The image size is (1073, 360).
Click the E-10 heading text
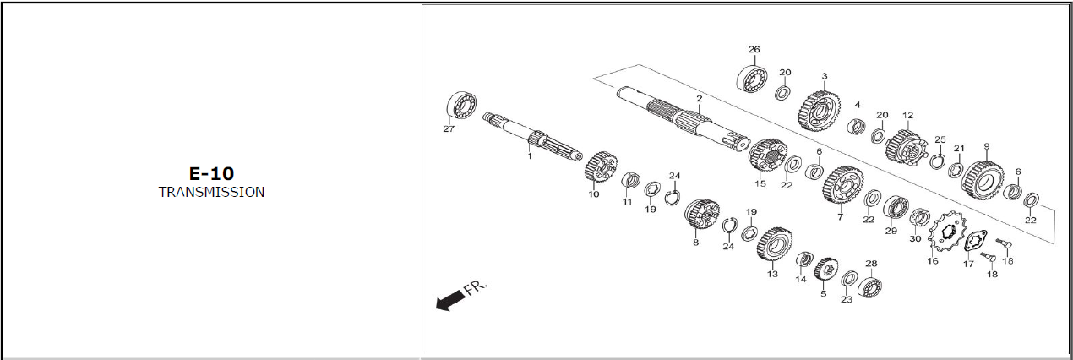coord(211,173)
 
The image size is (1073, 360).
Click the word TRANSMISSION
coord(211,192)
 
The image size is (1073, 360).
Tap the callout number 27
coord(449,128)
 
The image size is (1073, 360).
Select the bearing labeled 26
coord(752,78)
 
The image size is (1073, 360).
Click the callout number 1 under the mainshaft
coord(529,155)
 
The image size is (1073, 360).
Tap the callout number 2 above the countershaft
coord(700,99)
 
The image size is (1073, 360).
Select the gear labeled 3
coord(820,110)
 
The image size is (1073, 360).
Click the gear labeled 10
coord(601,166)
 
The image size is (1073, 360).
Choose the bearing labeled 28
coord(870,286)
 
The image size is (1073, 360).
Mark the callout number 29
coord(891,231)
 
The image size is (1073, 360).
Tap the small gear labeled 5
coord(825,270)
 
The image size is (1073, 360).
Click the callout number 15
coord(760,183)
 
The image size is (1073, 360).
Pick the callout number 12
coord(907,115)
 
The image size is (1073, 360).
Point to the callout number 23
coord(847,300)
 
